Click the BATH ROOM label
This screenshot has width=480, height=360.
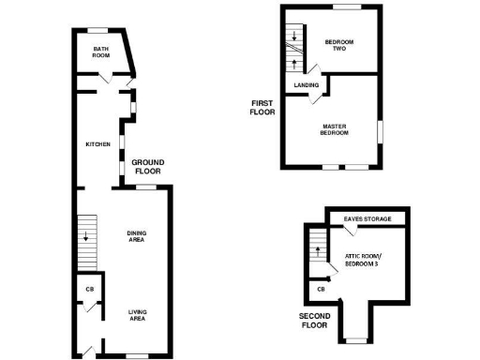(x=101, y=52)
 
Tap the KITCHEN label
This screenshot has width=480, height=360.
(x=98, y=144)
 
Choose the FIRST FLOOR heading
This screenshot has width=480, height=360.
(x=262, y=107)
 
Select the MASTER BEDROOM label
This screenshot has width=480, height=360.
(x=335, y=129)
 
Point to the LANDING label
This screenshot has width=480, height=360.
(x=307, y=85)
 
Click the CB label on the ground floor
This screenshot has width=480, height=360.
(x=90, y=289)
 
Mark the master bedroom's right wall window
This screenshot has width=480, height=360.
(x=382, y=131)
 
